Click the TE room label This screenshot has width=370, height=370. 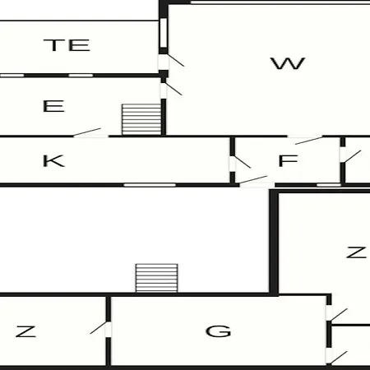click(67, 45)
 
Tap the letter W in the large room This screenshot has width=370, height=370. click(288, 63)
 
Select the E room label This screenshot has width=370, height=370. click(53, 106)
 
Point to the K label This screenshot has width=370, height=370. click(53, 160)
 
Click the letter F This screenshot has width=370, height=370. click(288, 160)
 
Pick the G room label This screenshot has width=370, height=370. click(219, 331)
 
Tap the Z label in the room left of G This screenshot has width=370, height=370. click(25, 331)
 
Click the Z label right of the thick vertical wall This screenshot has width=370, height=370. click(356, 252)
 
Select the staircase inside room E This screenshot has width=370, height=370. click(141, 119)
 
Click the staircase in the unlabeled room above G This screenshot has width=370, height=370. click(157, 278)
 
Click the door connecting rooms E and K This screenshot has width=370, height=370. click(90, 133)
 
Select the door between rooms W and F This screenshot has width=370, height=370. click(305, 140)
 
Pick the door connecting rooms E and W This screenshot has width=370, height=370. click(170, 90)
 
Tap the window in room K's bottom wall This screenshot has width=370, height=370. click(150, 185)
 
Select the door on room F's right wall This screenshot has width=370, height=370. click(350, 155)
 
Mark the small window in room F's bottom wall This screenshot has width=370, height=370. click(329, 185)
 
